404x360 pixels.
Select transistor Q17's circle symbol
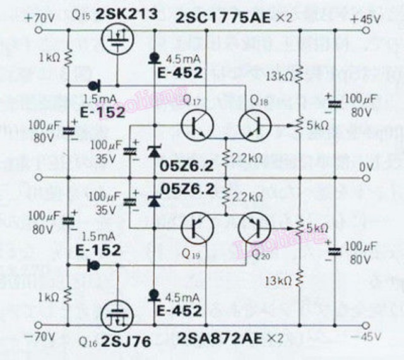click(x=198, y=125)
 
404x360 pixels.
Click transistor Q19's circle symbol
click(x=198, y=228)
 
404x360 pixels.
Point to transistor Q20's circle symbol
click(x=255, y=228)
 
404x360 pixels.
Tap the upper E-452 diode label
click(x=180, y=73)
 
